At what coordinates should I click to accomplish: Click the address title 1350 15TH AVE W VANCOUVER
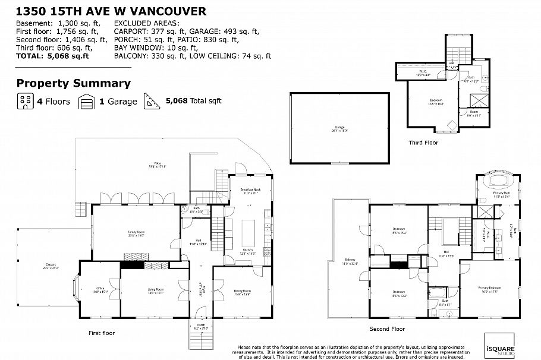click(x=112, y=11)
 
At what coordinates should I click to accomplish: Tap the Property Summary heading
click(x=73, y=84)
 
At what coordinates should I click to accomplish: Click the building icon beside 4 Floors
click(x=24, y=101)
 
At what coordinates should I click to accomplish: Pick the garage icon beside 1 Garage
click(x=87, y=101)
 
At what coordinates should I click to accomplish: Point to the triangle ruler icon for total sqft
click(x=152, y=101)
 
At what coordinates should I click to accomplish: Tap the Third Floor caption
click(x=423, y=143)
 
